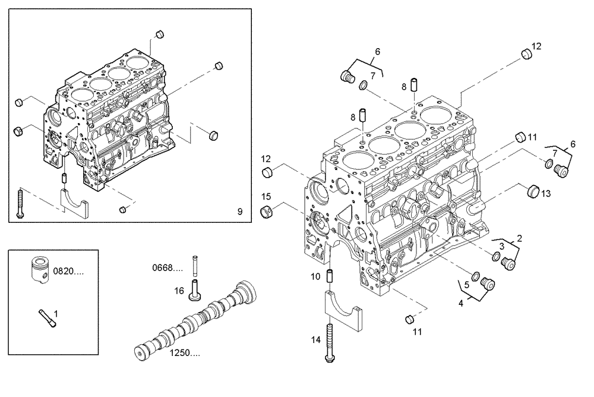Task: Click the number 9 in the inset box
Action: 239,211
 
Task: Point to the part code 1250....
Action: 185,354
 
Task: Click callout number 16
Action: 179,290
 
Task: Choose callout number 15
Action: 267,196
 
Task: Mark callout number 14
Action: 315,339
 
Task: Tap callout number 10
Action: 315,276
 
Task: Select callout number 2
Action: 520,238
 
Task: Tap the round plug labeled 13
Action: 532,192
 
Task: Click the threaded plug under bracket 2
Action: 507,263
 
